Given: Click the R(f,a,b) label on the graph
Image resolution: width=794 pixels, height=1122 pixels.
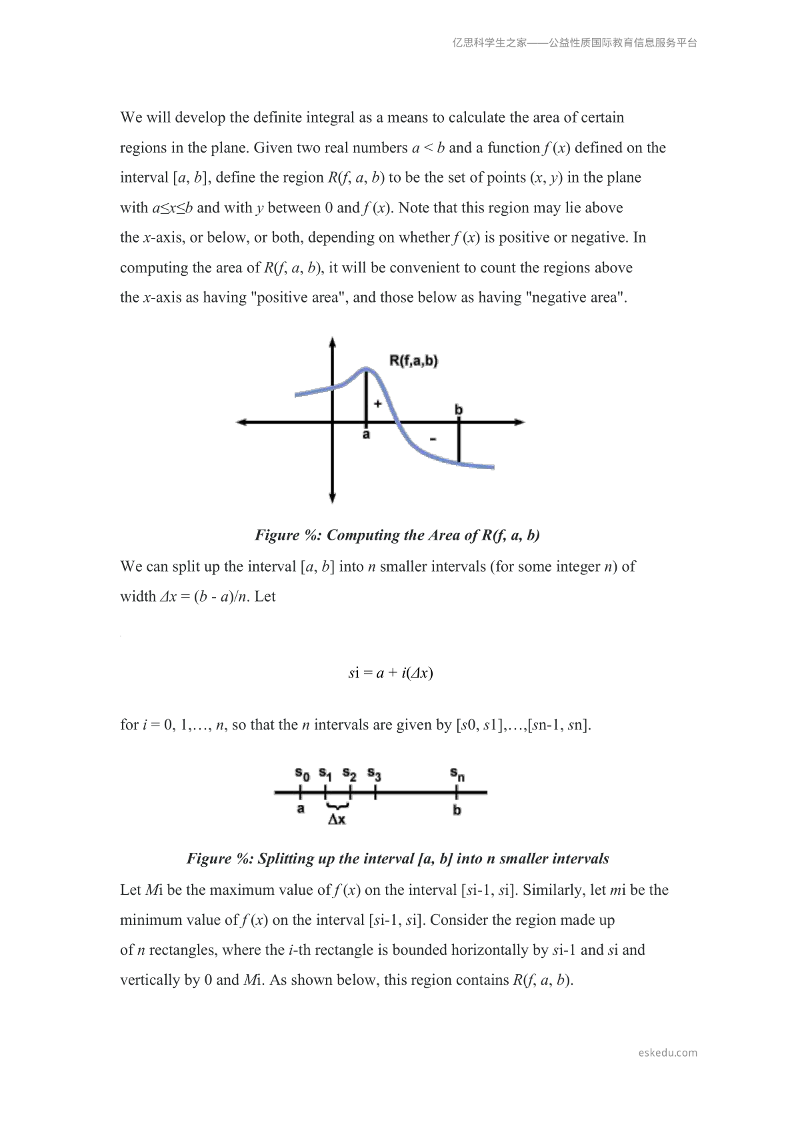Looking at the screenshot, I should click(x=413, y=361).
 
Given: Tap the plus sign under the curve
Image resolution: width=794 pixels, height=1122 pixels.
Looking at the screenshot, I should click(x=377, y=403).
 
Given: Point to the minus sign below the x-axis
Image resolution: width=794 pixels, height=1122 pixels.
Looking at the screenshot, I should click(x=433, y=439).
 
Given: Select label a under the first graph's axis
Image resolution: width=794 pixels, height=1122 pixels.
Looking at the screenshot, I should click(x=366, y=435).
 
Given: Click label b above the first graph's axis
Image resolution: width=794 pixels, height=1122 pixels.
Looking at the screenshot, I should click(x=459, y=410).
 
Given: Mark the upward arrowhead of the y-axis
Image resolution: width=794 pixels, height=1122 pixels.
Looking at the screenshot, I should click(x=332, y=342).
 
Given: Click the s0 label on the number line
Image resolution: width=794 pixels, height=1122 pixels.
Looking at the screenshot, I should click(x=302, y=774).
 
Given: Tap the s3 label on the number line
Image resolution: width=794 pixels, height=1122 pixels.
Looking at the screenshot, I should click(x=374, y=775).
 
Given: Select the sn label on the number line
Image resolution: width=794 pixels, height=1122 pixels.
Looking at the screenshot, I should click(x=457, y=775).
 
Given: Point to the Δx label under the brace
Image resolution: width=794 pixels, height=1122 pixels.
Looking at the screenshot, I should click(x=337, y=820).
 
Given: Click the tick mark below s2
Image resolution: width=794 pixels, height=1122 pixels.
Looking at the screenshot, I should click(x=351, y=792).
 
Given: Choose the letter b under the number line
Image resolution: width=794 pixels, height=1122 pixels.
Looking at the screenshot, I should click(x=457, y=810).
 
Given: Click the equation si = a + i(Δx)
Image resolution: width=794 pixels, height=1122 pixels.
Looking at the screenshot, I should click(x=391, y=673).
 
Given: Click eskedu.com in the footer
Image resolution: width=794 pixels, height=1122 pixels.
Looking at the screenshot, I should click(x=667, y=1053).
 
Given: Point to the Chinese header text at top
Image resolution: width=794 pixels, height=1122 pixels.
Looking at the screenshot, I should click(x=575, y=43).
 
